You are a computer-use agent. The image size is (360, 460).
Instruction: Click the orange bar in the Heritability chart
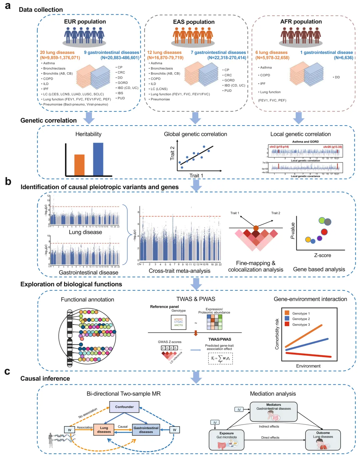pyautogui.click(x=79, y=165)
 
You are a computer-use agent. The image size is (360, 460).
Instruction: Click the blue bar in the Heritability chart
pyautogui.click(x=98, y=159)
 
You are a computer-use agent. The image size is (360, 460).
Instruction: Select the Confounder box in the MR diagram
pyautogui.click(x=124, y=407)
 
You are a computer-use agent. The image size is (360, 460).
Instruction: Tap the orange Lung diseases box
pyautogui.click(x=104, y=430)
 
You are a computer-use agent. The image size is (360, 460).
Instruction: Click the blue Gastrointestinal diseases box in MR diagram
pyautogui.click(x=146, y=430)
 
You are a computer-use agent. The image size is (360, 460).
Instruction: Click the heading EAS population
pyautogui.click(x=194, y=22)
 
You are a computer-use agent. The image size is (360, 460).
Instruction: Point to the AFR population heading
pyautogui.click(x=301, y=22)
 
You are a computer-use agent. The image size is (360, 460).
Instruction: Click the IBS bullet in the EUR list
pyautogui.click(x=120, y=93)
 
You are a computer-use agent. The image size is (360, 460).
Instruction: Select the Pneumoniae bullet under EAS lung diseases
pyautogui.click(x=160, y=99)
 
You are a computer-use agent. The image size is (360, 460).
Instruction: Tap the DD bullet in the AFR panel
pyautogui.click(x=337, y=77)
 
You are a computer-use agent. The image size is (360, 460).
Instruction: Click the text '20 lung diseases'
pyautogui.click(x=57, y=52)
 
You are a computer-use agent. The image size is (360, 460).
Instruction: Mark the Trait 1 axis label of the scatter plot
pyautogui.click(x=196, y=176)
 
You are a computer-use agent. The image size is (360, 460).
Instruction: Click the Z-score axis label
pyautogui.click(x=322, y=255)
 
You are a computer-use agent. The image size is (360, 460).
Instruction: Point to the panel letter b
pyautogui.click(x=8, y=182)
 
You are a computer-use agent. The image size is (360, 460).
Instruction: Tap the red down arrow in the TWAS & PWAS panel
pyautogui.click(x=196, y=333)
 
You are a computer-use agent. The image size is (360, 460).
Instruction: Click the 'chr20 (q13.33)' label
pyautogui.click(x=332, y=147)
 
